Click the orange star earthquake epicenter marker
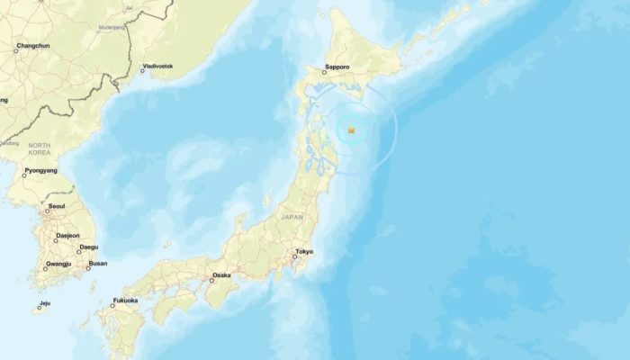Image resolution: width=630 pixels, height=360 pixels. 351,131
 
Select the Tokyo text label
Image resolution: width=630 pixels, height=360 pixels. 302,252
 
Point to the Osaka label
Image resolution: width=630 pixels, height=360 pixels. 221,275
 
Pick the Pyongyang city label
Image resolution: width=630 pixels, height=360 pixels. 40,170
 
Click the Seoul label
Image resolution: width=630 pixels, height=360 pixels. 56,207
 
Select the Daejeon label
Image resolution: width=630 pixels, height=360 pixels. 67,236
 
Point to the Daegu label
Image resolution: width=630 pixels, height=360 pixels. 88,247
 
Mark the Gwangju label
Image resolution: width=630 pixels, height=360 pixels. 59,264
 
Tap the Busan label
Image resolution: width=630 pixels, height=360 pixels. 97,264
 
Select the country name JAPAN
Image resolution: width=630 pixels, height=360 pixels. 292,217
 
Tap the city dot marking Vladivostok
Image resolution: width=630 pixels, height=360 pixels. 142,70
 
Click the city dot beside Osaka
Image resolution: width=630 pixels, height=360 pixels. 210,280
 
